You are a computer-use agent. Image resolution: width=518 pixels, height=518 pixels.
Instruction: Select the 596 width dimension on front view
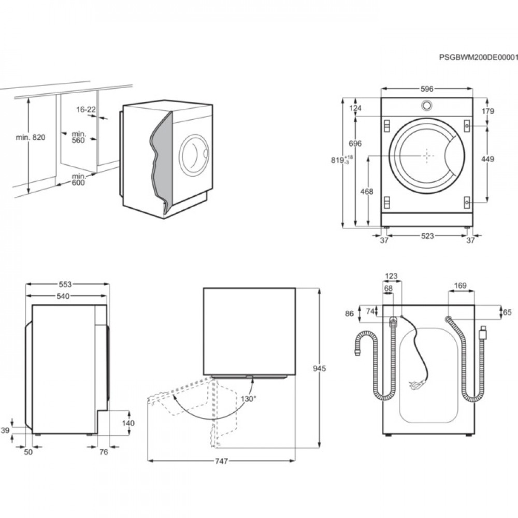pos(426,89)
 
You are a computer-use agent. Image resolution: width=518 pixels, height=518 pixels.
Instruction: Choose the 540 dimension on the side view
pos(63,296)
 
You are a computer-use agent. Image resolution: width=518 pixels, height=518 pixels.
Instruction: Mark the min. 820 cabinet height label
pos(31,137)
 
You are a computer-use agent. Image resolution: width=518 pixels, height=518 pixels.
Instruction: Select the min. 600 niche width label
pos(78,179)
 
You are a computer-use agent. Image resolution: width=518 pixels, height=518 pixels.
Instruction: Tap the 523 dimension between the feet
pos(427,236)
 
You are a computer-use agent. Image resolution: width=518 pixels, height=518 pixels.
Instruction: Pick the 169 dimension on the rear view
pos(461,285)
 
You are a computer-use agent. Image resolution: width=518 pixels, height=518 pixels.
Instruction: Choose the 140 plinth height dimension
pos(128,423)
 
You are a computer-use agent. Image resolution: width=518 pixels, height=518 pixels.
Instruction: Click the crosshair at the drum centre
pos(426,155)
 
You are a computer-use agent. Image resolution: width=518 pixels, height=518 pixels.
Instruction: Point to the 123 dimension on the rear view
pos(392,276)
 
